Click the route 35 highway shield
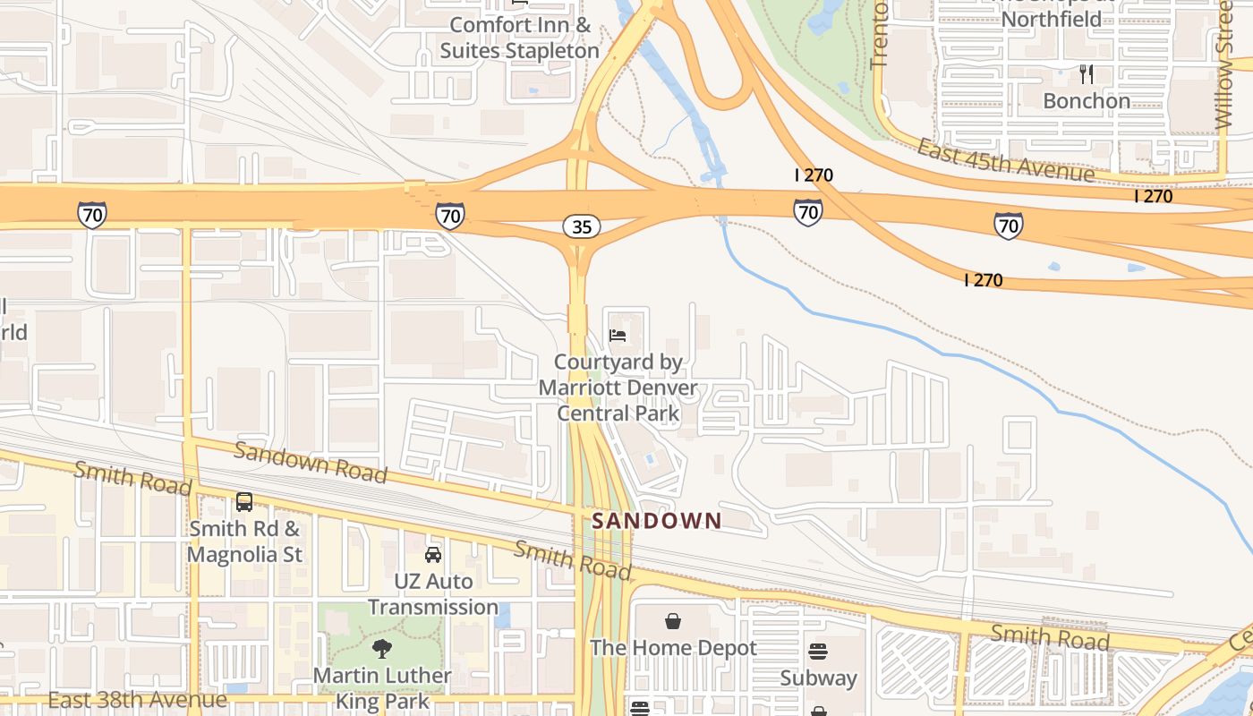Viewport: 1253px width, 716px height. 582,226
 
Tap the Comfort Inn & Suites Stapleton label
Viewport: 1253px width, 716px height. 519,38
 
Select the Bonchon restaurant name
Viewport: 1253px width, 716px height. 1087,101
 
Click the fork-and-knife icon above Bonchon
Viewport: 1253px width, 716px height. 1087,73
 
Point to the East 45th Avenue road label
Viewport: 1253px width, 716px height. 1005,159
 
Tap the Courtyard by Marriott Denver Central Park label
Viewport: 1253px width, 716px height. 618,388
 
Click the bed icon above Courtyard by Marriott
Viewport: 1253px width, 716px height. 618,336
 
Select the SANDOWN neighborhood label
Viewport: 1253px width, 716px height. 656,520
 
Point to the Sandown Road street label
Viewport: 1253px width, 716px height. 311,461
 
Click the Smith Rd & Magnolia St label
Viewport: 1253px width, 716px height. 244,541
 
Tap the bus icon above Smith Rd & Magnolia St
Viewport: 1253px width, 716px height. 244,502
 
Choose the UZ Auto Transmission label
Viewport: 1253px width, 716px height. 433,594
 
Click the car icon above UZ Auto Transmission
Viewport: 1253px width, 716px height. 433,555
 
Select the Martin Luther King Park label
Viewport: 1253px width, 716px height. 382,688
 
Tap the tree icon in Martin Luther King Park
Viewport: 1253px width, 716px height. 382,649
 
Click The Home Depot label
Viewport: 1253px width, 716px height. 673,648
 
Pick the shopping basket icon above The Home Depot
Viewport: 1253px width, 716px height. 673,621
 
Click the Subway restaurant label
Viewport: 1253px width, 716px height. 818,678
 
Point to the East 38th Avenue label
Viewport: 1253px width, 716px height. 137,699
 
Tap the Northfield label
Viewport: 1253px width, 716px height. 1052,19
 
